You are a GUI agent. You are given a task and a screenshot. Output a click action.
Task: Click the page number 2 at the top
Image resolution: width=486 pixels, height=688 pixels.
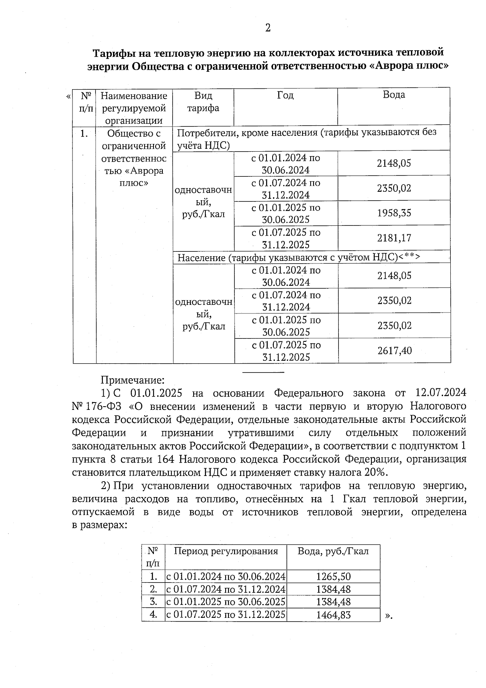267,28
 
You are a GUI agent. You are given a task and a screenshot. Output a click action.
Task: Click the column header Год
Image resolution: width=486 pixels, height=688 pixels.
285,95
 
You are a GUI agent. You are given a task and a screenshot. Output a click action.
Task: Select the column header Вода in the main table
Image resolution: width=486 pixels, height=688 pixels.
394,95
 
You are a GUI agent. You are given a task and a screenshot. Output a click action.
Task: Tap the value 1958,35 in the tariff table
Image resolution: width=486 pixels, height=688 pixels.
394,213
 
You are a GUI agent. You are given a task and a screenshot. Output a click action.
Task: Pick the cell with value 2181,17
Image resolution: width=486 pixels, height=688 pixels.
394,238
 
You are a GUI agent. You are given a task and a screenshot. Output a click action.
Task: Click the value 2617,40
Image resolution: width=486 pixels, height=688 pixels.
394,351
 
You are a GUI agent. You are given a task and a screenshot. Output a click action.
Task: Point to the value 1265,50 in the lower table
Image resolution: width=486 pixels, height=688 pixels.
333,577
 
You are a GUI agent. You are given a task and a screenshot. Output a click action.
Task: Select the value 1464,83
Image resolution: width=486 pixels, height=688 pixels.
333,615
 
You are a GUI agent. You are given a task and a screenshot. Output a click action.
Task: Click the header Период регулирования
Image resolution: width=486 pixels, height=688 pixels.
226,551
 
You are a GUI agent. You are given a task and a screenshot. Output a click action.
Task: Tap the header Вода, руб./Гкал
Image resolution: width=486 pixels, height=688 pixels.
333,551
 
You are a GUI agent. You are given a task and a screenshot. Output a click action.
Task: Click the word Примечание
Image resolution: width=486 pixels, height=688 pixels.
132,380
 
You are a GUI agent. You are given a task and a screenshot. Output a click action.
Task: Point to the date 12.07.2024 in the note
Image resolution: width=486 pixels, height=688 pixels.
441,393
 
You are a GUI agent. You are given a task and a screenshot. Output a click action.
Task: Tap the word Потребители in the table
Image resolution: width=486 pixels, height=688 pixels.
206,133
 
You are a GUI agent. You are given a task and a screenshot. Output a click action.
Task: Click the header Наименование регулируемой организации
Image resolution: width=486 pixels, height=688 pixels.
134,108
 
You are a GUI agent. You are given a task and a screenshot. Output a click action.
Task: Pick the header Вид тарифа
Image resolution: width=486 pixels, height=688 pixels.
203,102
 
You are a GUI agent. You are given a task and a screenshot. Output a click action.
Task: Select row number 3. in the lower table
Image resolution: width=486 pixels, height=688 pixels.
153,602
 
